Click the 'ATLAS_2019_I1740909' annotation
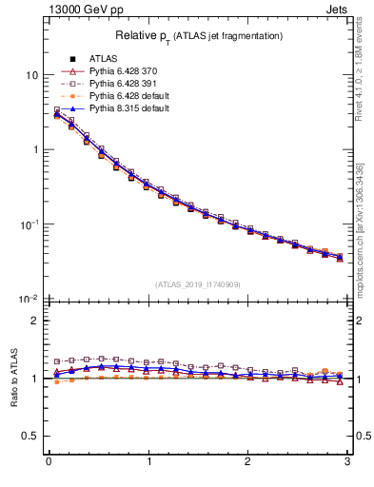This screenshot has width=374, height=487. (198, 284)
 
